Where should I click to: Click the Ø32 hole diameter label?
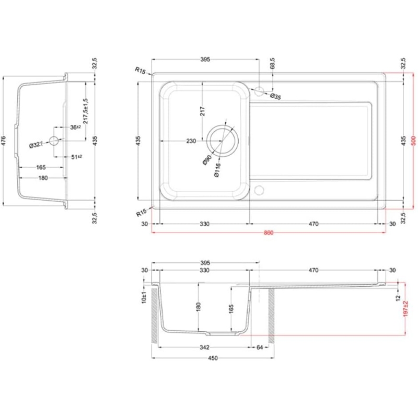pos(35,145)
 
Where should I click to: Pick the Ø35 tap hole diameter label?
pos(275,97)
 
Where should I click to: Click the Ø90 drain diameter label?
pos(207,160)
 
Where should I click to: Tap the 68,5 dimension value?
pos(272,64)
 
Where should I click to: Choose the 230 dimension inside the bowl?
pos(191,141)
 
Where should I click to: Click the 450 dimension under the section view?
pos(213,358)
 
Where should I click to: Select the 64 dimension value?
pos(260,347)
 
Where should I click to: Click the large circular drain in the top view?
pos(223,141)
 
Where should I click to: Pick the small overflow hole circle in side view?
pos(53,140)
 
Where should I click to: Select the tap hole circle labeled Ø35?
pos(259,90)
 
